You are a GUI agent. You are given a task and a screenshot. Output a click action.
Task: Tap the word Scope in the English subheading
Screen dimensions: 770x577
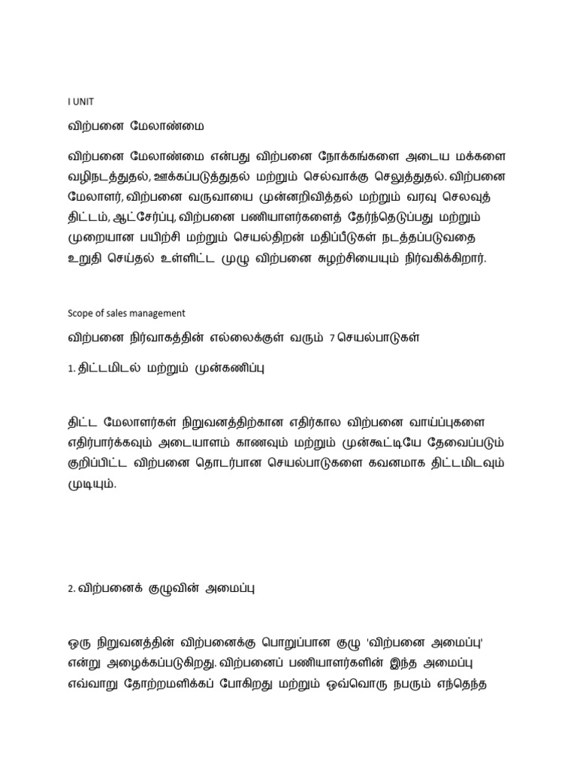(x=80, y=313)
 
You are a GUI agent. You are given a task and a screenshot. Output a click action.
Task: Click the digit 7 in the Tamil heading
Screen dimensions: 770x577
(x=331, y=339)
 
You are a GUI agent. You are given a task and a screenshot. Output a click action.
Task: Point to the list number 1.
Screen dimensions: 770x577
(x=70, y=369)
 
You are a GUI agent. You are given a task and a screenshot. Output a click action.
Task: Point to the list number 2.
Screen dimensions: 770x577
(x=70, y=590)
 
